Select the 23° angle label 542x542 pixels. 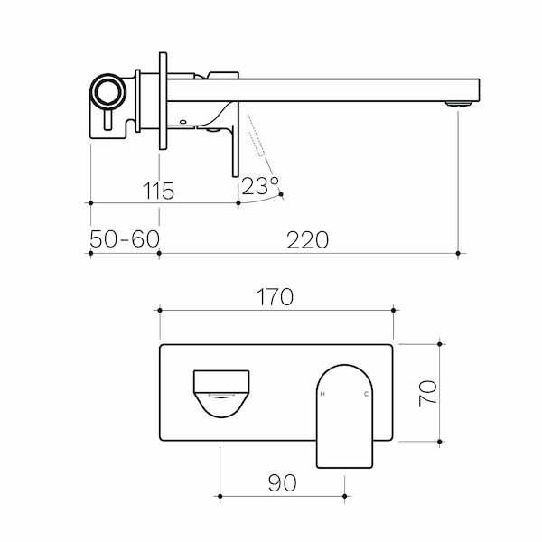coord(260,187)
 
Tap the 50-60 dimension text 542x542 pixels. coord(125,239)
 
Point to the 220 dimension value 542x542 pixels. coord(308,239)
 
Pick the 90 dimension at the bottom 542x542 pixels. coord(282,482)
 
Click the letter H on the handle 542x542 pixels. coord(324,395)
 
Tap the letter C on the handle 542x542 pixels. coord(366,395)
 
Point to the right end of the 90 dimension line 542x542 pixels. coord(345,496)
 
